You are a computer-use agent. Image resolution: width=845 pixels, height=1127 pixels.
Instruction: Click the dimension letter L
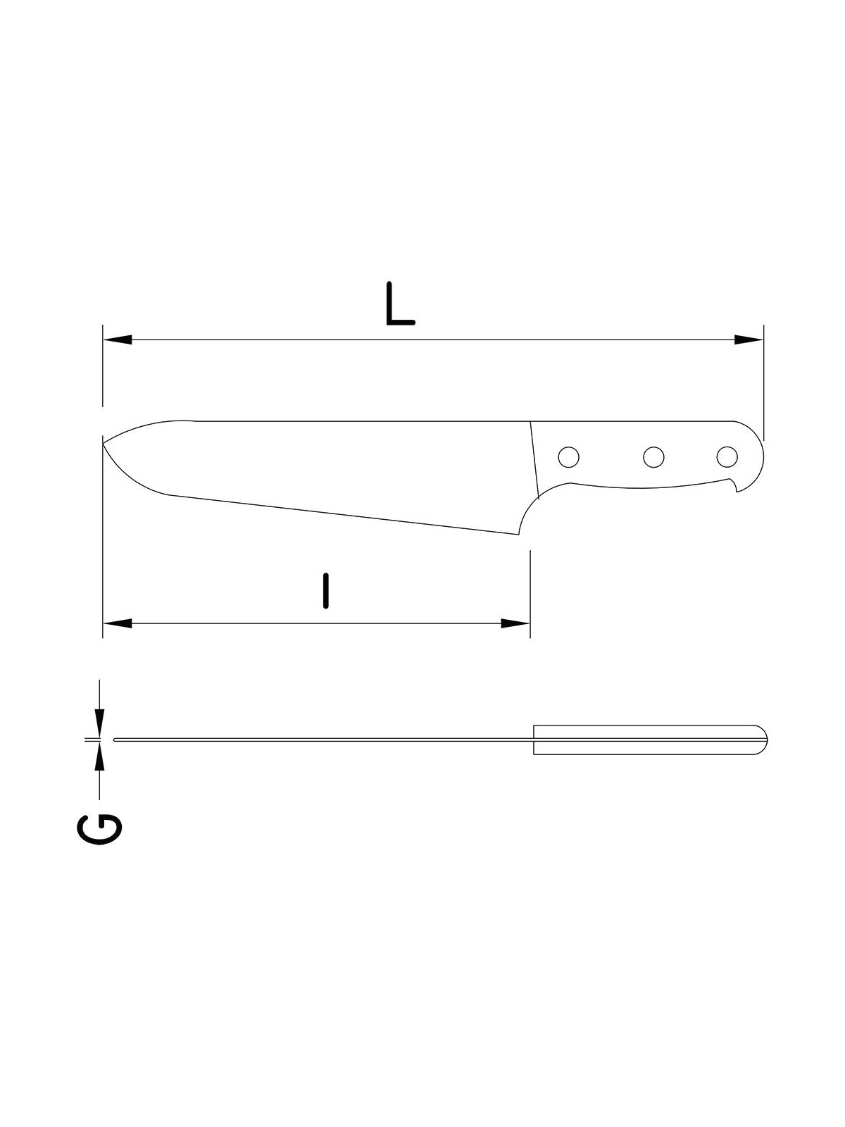point(400,304)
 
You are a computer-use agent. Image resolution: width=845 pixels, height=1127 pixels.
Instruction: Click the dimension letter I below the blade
point(325,591)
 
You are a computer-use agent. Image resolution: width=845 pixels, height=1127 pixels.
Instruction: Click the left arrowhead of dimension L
point(118,340)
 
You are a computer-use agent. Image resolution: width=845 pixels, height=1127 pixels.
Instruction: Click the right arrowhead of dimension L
point(749,340)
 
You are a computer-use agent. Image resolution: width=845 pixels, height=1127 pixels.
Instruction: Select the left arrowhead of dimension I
point(118,623)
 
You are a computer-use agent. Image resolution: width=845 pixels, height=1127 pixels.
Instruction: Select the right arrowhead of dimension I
point(515,623)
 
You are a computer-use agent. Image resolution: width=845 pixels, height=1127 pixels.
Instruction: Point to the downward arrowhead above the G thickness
point(99,723)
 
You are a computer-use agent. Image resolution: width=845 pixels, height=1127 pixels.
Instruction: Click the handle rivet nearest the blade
point(568,456)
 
